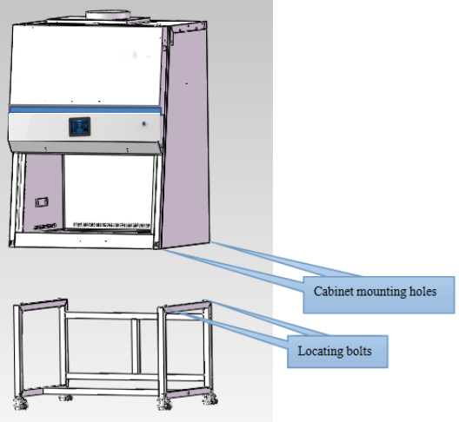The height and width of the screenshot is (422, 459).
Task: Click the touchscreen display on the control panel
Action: [79, 127]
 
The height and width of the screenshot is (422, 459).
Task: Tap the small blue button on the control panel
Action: [143, 123]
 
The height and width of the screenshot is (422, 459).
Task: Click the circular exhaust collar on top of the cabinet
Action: [108, 15]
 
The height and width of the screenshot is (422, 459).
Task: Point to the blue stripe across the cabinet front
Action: [85, 109]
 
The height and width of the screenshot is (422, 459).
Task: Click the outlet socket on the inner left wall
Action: [42, 202]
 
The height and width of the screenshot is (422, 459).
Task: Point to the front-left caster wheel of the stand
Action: [21, 403]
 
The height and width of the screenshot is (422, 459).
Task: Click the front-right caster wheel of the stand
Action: [164, 404]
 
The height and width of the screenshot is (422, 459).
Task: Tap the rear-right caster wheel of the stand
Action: [210, 399]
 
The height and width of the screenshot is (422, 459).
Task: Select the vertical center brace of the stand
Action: [135, 346]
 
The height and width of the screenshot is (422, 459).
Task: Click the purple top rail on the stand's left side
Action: [43, 304]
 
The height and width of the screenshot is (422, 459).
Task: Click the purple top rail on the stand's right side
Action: [188, 306]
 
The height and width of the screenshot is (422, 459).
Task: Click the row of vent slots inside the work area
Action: [111, 225]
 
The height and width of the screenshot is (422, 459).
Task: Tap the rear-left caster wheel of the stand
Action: [65, 398]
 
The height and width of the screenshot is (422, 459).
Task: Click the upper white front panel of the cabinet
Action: [86, 64]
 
